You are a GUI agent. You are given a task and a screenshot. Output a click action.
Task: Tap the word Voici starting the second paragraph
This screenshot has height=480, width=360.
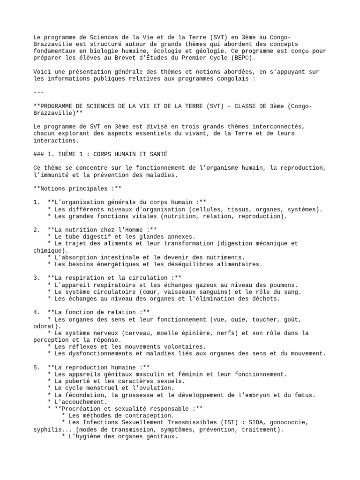(x=42, y=72)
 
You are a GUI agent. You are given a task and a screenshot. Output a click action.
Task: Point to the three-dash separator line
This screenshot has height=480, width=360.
(x=39, y=92)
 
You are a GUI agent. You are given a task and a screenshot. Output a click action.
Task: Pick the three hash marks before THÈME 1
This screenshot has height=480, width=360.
(x=39, y=154)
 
